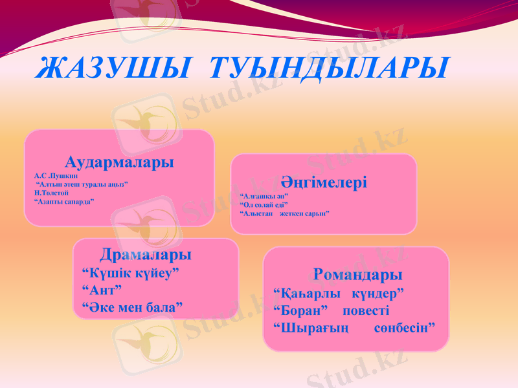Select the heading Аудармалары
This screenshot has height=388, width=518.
119,162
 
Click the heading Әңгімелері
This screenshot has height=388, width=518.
324,182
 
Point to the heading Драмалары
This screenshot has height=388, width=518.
145,254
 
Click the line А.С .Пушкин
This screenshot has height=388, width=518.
56,175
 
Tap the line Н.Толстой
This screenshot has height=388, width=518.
52,193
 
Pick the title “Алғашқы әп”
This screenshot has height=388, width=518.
264,195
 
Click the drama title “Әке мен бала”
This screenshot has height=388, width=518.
133,306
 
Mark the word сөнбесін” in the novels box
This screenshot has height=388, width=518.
404,329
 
